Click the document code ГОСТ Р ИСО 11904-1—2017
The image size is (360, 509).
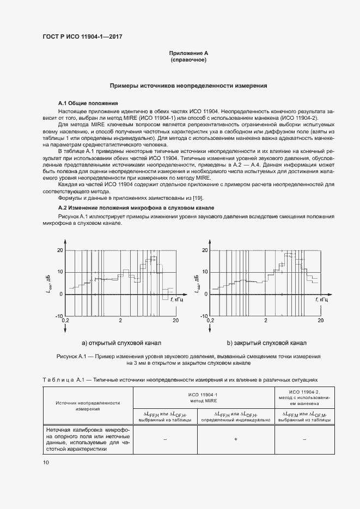coord(82,36)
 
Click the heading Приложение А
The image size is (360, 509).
coord(188,53)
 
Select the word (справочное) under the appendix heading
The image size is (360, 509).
coord(188,60)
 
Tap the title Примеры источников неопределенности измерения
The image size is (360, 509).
coord(188,86)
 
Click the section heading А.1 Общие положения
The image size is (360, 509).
coord(88,103)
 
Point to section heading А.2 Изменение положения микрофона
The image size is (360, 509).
coord(136,208)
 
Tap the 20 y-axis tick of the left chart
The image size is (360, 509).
coord(60,250)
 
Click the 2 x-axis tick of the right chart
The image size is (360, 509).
coord(265,321)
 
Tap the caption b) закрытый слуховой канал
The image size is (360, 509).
coord(266,344)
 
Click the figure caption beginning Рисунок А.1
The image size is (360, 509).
coord(188,359)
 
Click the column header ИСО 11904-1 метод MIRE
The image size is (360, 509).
coord(204,396)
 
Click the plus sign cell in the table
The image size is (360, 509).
coord(235,439)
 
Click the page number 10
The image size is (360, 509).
coord(46,462)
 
